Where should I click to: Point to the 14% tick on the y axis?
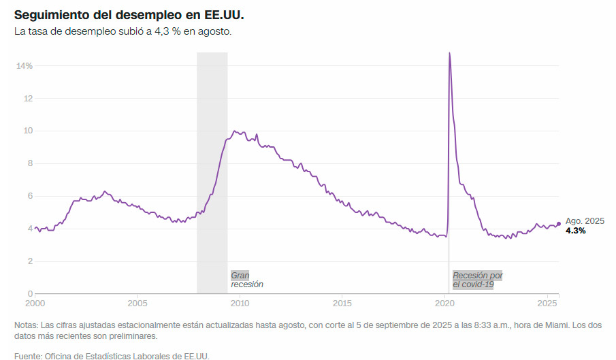(25, 66)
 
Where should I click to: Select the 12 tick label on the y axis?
(28, 99)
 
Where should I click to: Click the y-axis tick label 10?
(28, 131)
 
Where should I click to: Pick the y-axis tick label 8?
(30, 163)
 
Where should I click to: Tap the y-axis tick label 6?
(30, 196)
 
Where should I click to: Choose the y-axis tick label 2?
(30, 261)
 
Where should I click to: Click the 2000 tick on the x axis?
(35, 303)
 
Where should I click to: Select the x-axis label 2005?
(137, 303)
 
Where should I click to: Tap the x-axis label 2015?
(342, 303)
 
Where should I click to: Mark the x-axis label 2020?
(445, 303)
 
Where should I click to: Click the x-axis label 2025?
(548, 303)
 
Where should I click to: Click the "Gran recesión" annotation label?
(246, 280)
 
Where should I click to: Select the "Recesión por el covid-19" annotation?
(477, 280)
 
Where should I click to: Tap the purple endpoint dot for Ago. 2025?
(559, 224)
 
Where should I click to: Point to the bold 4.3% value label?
(576, 231)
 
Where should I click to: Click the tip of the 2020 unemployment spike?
(449, 53)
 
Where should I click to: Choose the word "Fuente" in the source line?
(28, 355)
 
